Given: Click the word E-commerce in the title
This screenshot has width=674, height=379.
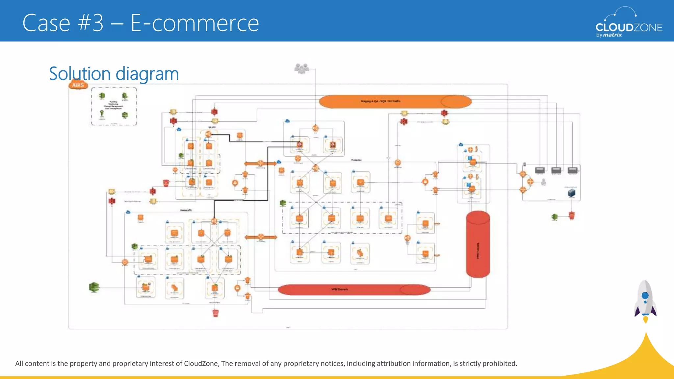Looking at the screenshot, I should click(195, 23).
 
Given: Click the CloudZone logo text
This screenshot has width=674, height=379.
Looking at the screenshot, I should click(629, 27).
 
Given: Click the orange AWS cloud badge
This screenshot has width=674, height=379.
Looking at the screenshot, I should click(78, 85).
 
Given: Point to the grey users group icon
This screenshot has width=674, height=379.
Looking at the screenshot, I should click(301, 68).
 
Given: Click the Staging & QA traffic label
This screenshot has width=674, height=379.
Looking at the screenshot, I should click(380, 101).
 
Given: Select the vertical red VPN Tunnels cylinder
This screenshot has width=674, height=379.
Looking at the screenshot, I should click(478, 244).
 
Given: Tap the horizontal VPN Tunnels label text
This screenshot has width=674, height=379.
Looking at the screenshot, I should click(339, 289).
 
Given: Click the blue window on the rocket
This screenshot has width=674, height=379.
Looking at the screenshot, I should click(645, 295).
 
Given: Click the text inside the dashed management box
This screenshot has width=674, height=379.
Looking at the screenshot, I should click(114, 105).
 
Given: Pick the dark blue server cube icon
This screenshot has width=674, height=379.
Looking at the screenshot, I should click(572, 192).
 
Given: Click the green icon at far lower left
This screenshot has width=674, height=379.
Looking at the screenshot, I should click(94, 287).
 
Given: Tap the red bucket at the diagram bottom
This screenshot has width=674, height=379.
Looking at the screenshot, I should click(216, 313).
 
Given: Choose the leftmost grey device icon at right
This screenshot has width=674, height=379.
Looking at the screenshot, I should click(540, 170).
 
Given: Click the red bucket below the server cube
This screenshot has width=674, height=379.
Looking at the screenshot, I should click(572, 216).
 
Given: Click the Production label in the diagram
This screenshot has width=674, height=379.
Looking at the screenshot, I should click(356, 160).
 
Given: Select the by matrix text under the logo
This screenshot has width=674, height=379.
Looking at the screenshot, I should click(609, 35).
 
